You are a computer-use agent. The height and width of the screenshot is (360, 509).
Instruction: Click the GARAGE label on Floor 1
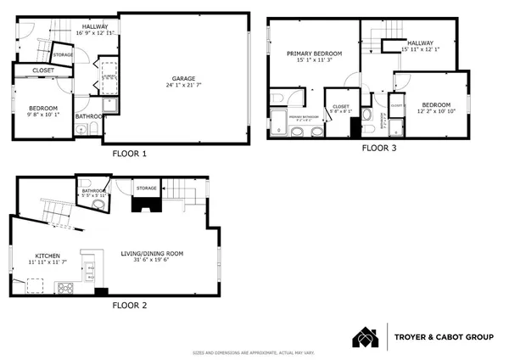[185, 78]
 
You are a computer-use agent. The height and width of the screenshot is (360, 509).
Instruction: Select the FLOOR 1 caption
[130, 155]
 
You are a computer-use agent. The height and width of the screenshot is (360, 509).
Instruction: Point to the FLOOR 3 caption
[379, 148]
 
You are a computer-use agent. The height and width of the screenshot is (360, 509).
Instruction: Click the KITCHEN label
[47, 256]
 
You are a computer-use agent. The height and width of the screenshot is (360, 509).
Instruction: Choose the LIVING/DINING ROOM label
[151, 253]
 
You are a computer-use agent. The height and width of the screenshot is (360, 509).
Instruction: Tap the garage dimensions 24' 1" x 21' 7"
[185, 86]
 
